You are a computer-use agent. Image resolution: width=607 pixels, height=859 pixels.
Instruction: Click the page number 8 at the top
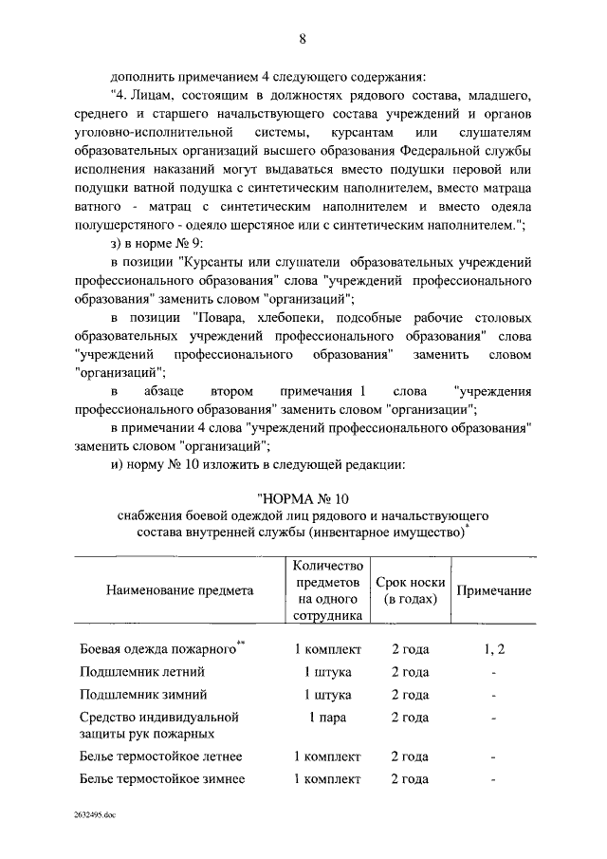(x=303, y=38)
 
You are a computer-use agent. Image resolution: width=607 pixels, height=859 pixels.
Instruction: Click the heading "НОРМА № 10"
(x=303, y=498)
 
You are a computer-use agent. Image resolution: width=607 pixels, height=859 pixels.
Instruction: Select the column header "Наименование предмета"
(x=179, y=590)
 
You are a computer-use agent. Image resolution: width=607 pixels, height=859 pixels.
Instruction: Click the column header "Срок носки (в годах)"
(x=410, y=590)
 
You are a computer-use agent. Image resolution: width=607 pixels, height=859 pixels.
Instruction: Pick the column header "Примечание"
(x=493, y=590)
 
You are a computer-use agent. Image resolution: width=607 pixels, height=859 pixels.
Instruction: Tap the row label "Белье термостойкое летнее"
(x=160, y=756)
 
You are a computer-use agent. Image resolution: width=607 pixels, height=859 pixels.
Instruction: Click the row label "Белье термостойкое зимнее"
(x=161, y=779)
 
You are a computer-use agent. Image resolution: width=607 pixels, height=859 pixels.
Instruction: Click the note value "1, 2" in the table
(x=493, y=649)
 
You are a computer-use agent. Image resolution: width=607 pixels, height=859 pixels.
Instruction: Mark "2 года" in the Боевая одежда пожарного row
(x=410, y=649)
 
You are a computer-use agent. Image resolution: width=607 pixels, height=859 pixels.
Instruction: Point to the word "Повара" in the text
(x=221, y=315)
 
